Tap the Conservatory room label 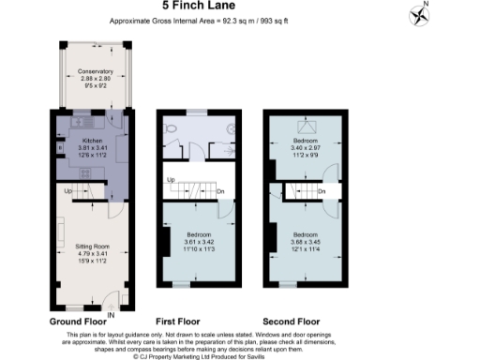click(95, 72)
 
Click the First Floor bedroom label click(198, 233)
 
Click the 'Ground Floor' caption click(80, 321)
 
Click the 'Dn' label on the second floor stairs click(321, 192)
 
